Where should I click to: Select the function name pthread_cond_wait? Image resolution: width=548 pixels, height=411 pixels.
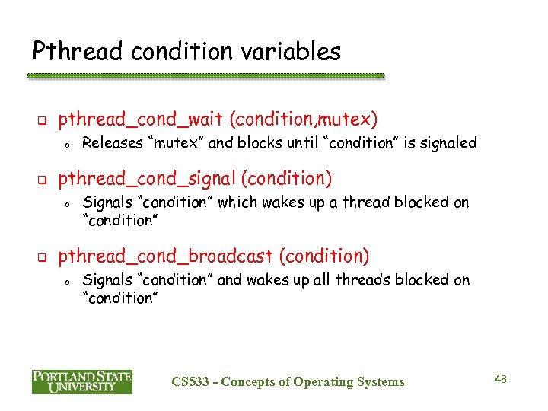pyautogui.click(x=141, y=119)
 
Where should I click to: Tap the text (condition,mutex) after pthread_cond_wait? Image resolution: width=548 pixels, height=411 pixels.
pyautogui.click(x=303, y=119)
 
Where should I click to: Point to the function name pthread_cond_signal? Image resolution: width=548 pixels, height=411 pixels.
pyautogui.click(x=147, y=179)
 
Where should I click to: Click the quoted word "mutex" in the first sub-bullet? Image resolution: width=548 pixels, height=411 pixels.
pyautogui.click(x=177, y=142)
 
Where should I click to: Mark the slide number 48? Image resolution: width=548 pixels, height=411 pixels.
pyautogui.click(x=500, y=379)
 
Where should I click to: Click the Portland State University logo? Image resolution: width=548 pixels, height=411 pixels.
pyautogui.click(x=81, y=381)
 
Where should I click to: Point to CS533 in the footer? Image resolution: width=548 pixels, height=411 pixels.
pyautogui.click(x=191, y=382)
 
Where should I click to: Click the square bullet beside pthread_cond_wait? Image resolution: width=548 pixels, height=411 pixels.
pyautogui.click(x=43, y=120)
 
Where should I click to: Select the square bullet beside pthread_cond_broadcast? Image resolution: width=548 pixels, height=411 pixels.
pyautogui.click(x=43, y=257)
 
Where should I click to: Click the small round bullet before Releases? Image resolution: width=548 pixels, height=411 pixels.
pyautogui.click(x=67, y=144)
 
